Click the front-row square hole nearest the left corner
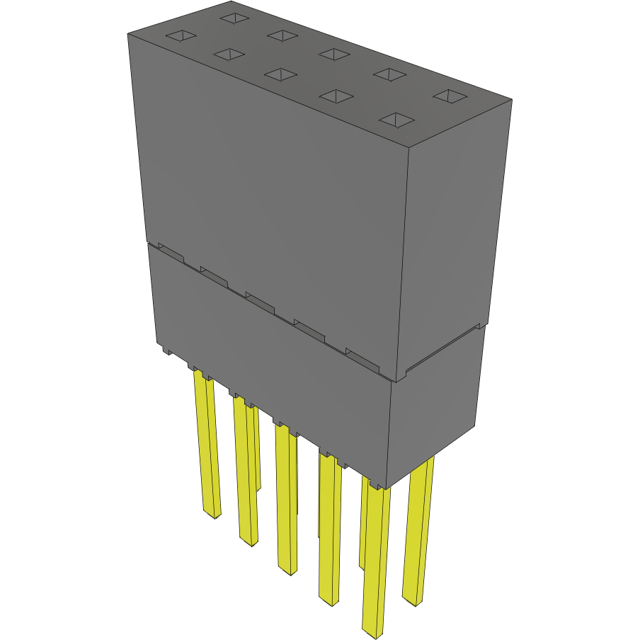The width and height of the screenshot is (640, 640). click(x=180, y=35)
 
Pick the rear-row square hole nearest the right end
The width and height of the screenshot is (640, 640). click(x=448, y=96)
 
